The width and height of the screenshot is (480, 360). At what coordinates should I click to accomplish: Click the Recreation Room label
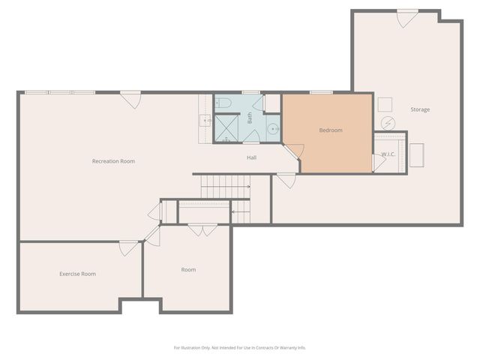[x=113, y=161]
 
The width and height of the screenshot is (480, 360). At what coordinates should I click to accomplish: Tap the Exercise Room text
[x=77, y=274]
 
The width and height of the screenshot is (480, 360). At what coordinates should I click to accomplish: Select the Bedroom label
[x=331, y=130]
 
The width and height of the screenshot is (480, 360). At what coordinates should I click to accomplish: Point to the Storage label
[x=420, y=109]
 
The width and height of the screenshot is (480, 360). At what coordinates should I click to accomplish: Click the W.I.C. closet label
[x=388, y=154]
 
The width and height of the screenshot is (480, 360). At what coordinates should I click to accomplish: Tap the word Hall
[x=252, y=157]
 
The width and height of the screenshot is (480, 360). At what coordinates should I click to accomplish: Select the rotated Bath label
[x=250, y=118]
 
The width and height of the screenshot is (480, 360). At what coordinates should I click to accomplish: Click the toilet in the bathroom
[x=223, y=103]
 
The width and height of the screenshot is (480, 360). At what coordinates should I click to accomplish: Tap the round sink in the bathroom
[x=273, y=129]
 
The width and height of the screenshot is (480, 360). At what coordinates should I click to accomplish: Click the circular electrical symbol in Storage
[x=388, y=123]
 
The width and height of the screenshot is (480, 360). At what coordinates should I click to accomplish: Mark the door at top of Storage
[x=406, y=18]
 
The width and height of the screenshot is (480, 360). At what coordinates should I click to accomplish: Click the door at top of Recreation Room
[x=131, y=99]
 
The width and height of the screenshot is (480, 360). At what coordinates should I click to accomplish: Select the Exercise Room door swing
[x=129, y=248]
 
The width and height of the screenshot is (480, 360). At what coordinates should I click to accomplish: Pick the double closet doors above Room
[x=202, y=229]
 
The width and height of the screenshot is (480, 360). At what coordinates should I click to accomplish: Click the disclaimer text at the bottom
[x=240, y=347]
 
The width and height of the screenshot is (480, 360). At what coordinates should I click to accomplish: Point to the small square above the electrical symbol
[x=385, y=103]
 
